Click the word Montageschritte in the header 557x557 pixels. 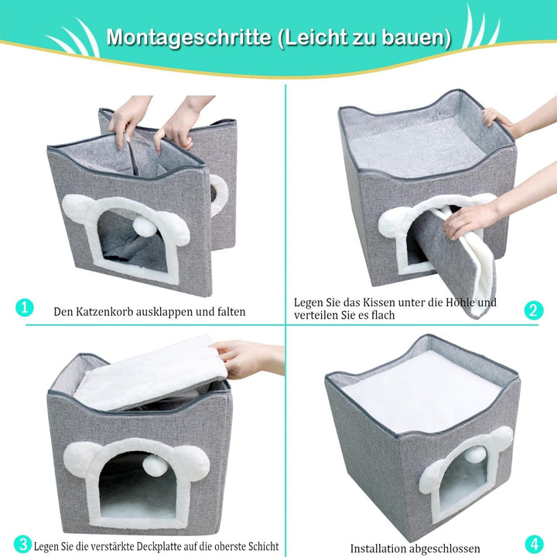tap(189, 36)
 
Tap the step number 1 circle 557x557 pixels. tap(25, 307)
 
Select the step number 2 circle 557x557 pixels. tap(534, 310)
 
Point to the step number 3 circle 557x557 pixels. tap(23, 545)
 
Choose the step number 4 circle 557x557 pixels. tap(535, 544)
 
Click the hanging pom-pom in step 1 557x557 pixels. tap(144, 224)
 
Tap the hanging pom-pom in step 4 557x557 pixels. tap(473, 455)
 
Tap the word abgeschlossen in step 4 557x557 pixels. tap(444, 548)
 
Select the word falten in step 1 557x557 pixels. tap(231, 312)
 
